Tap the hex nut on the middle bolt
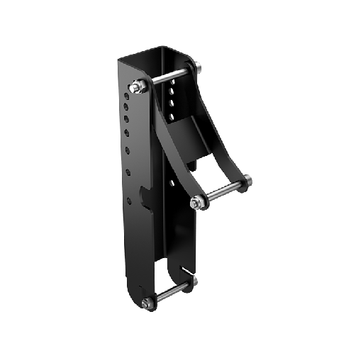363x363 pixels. [x=196, y=203]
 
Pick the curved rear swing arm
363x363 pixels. [x=225, y=142]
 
